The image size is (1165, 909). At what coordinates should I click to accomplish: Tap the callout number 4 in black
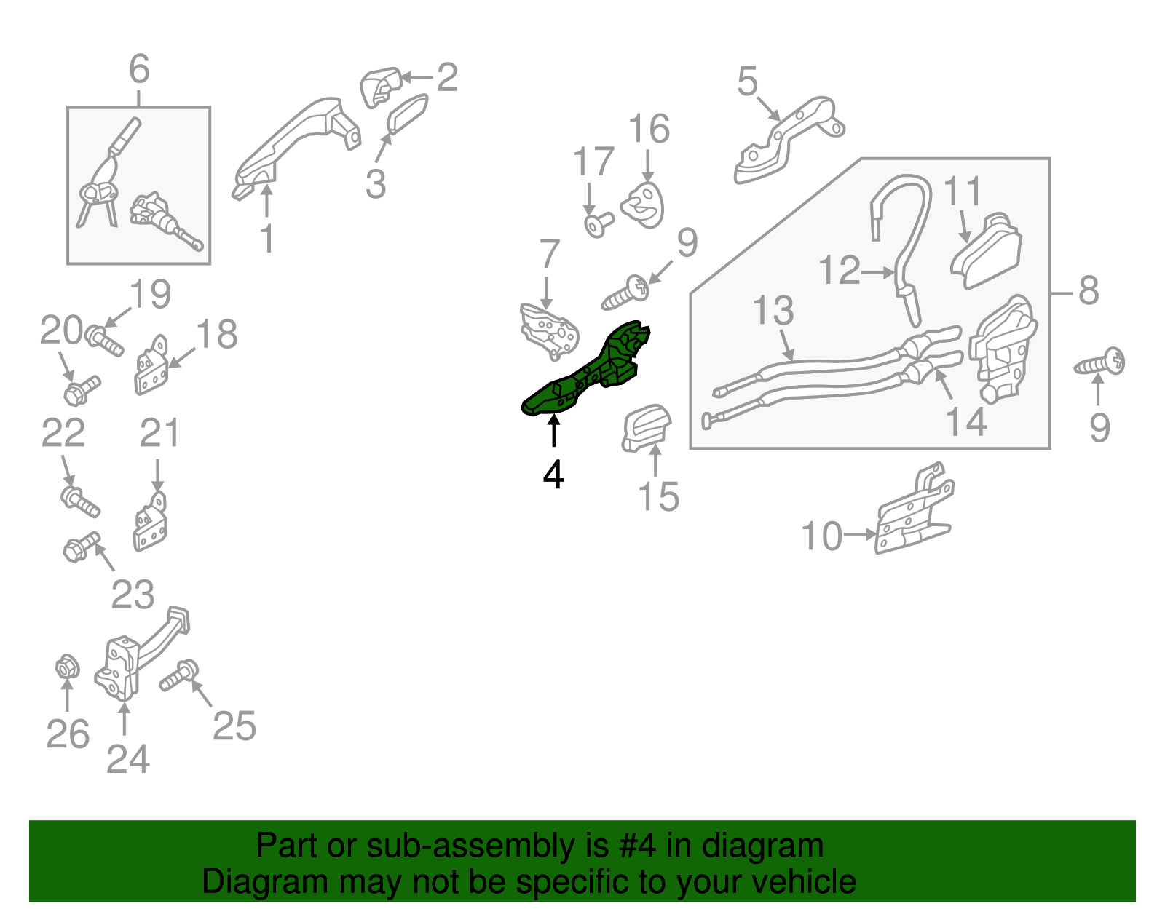point(553,475)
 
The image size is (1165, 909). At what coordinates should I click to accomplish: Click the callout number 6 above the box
point(139,69)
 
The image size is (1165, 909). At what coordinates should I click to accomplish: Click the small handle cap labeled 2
point(381,87)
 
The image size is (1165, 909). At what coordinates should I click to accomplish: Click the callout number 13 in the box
point(773,311)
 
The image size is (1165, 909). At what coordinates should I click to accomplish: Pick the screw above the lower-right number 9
point(1099,363)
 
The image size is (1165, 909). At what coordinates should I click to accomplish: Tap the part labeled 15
point(646,429)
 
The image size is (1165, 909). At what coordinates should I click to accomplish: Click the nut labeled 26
point(68,667)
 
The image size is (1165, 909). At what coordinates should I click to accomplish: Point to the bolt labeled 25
point(179,675)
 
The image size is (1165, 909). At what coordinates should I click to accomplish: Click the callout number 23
point(133,594)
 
